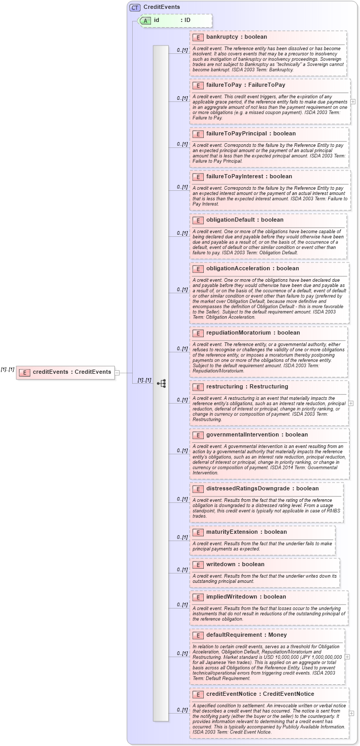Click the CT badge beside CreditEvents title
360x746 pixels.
pyautogui.click(x=135, y=7)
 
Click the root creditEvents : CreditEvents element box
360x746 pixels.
pyautogui.click(x=65, y=372)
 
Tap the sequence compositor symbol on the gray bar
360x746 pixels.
pyautogui.click(x=161, y=383)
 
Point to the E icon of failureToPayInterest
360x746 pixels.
pyautogui.click(x=198, y=177)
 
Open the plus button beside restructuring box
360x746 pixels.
pyautogui.click(x=351, y=403)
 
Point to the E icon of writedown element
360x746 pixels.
pyautogui.click(x=198, y=565)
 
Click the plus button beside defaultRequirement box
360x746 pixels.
pyautogui.click(x=347, y=657)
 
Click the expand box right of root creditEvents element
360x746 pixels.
pyautogui.click(x=118, y=372)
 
